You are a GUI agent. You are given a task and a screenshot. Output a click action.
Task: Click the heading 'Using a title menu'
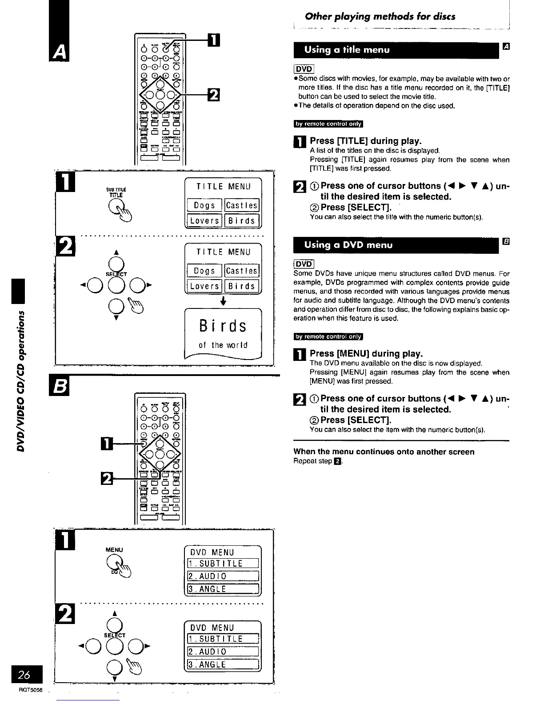pos(347,50)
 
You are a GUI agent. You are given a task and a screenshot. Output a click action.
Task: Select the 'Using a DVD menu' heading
pos(348,245)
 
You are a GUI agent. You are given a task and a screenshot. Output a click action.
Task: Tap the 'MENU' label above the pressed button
pos(114,550)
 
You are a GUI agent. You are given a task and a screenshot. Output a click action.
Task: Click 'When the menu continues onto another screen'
pos(384,452)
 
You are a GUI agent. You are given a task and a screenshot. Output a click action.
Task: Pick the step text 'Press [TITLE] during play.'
pos(365,141)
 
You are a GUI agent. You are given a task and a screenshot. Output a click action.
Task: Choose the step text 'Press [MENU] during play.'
pos(366,353)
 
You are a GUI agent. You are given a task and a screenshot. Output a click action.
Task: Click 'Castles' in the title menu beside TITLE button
pos(242,205)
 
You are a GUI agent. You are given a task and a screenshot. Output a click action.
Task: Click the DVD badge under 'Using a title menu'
pos(304,69)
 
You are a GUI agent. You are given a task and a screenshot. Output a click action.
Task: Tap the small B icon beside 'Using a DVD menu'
pos(505,241)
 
